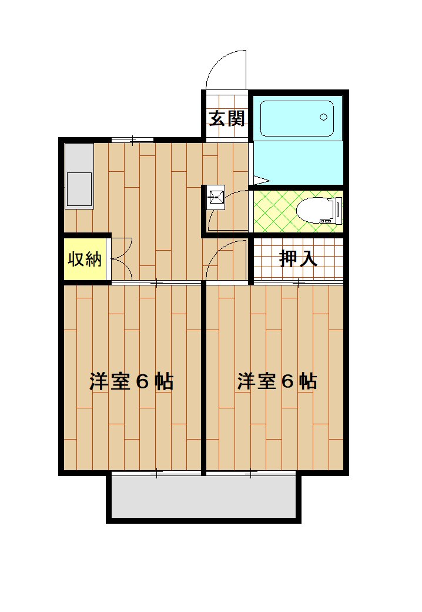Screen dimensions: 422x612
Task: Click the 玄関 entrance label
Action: point(227,118)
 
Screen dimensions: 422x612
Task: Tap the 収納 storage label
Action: point(85,259)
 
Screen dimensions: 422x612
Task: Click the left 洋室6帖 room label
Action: point(131,381)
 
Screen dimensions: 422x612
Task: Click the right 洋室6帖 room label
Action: point(277,381)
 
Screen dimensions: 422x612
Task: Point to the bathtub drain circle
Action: point(323,117)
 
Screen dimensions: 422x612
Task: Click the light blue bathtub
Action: point(297,119)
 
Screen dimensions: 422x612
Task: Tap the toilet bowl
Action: point(315,210)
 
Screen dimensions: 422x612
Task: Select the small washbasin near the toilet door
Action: point(216,198)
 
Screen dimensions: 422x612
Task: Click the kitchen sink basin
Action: point(79,189)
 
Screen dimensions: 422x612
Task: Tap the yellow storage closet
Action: point(85,259)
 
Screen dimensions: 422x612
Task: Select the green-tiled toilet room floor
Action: point(298,211)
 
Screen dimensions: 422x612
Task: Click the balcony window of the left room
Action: point(156,473)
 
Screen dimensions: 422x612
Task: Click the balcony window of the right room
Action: point(251,473)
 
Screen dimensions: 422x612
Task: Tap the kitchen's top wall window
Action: point(132,139)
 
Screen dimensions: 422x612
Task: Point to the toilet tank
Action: point(338,211)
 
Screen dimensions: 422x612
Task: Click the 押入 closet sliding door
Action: point(299,282)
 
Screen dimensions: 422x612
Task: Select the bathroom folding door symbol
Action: point(259,180)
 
